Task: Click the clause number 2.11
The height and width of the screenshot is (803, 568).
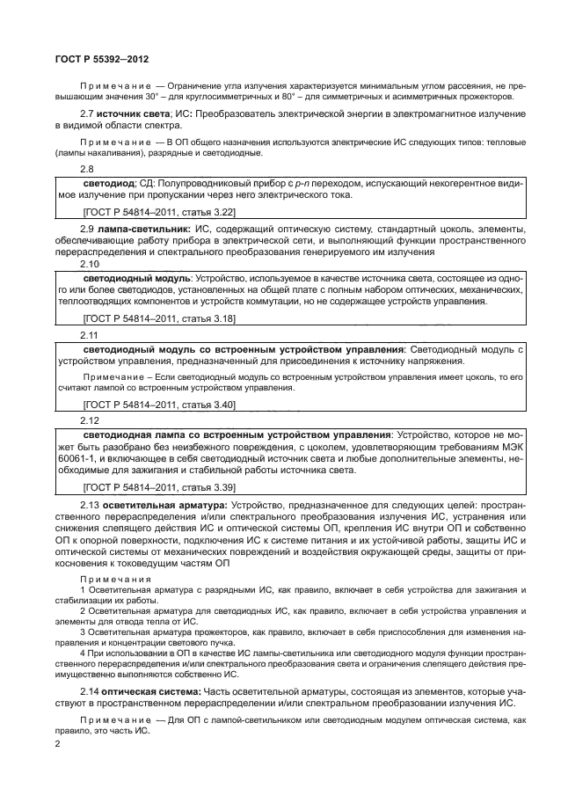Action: (90, 335)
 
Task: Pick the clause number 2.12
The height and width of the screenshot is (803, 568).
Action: (90, 420)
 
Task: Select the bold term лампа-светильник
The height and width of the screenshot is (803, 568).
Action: (143, 229)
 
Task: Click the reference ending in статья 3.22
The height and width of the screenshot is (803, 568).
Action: (158, 212)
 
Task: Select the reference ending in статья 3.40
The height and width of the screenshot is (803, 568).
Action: (158, 405)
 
